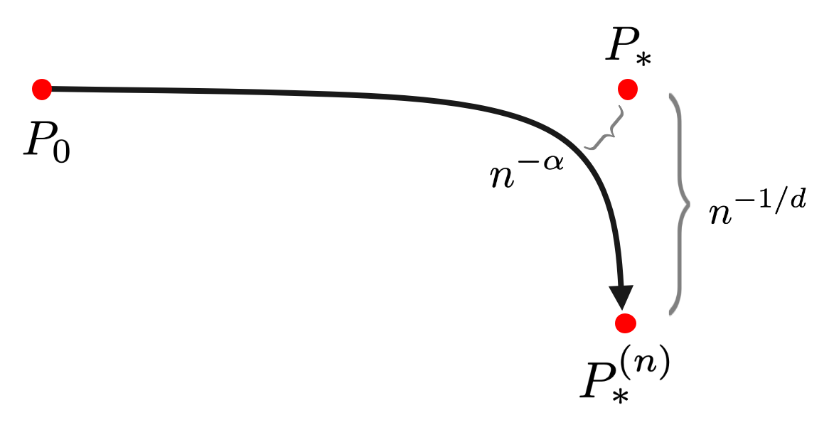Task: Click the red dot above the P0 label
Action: (42, 90)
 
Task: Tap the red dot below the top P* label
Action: (627, 90)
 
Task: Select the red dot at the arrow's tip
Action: (625, 323)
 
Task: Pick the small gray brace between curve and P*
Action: (604, 129)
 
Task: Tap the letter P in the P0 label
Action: (38, 141)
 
